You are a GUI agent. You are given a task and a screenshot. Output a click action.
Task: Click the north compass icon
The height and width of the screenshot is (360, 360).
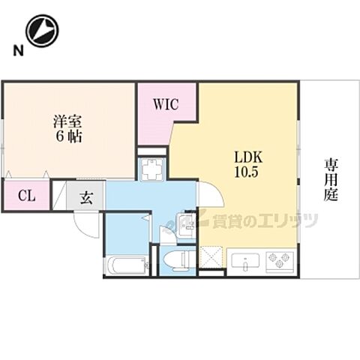42,30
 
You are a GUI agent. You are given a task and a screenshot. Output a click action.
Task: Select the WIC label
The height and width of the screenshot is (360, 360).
166,105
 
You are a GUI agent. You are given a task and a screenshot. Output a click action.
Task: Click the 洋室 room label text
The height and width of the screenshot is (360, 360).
67,120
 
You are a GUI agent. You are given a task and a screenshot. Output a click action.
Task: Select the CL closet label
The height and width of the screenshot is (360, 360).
25,198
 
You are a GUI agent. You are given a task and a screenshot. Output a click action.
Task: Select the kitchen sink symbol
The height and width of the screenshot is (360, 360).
245,262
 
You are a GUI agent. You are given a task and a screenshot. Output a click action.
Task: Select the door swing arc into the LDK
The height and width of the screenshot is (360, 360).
212,193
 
